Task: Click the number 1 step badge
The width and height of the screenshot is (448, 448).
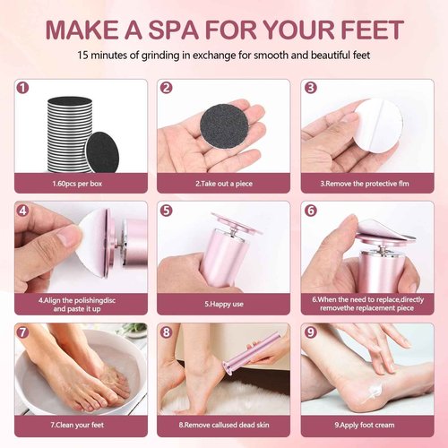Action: [x=23, y=89]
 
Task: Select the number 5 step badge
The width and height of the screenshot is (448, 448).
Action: [x=167, y=211]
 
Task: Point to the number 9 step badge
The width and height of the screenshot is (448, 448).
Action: [x=310, y=333]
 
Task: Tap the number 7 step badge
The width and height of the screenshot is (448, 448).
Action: [x=23, y=333]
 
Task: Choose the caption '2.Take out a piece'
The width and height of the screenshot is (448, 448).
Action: [x=223, y=184]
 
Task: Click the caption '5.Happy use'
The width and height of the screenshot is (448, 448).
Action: [x=223, y=304]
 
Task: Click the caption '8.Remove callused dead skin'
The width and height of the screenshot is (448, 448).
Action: [x=223, y=426]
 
